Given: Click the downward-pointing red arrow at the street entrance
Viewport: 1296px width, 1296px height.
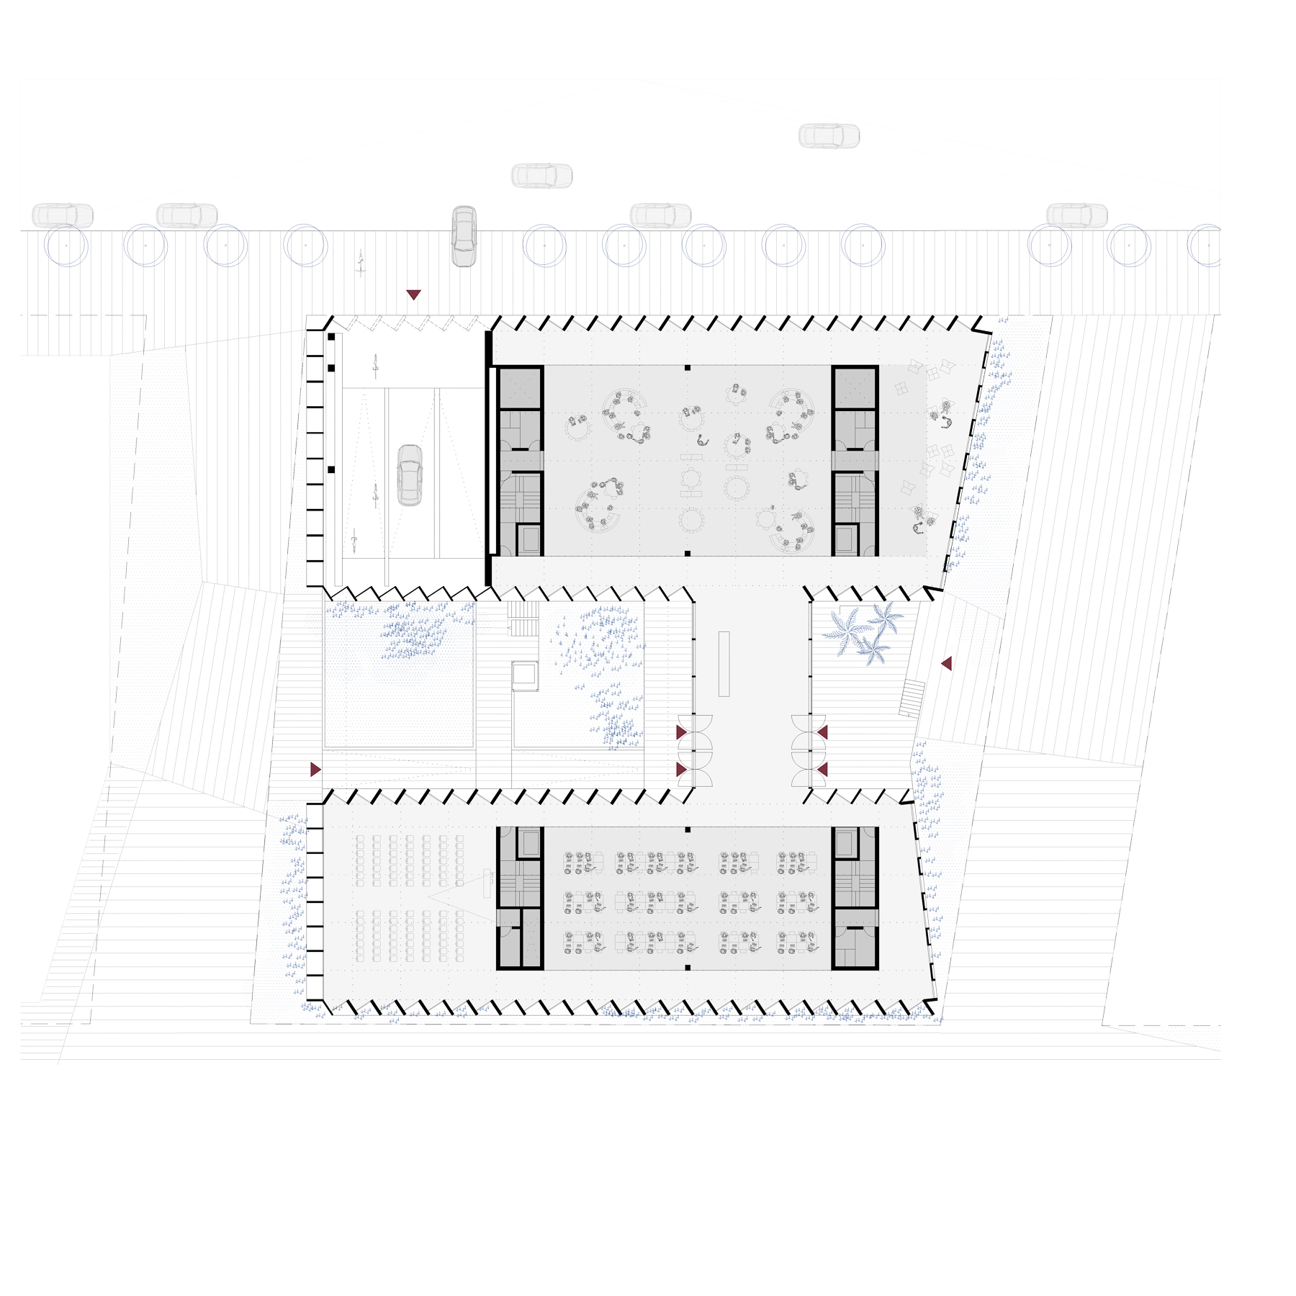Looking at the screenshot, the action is click(x=413, y=294).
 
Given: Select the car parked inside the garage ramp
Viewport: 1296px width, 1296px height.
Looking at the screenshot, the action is click(x=410, y=475).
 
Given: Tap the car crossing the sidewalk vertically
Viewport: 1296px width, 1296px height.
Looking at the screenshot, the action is click(x=464, y=236).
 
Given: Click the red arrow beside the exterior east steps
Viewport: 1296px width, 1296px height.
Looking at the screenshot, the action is click(x=947, y=663).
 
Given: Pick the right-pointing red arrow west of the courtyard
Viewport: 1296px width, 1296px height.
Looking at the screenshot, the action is click(x=315, y=770).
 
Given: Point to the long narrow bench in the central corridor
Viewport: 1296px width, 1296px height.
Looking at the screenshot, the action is click(x=724, y=663).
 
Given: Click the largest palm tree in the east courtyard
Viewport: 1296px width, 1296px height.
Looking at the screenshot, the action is click(x=847, y=629).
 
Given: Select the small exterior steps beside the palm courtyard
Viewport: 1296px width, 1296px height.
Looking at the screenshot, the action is click(x=912, y=698).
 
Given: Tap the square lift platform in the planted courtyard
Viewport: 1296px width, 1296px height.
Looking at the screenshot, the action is click(x=525, y=675).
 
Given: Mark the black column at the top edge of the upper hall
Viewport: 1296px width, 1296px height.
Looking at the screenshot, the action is click(x=688, y=368).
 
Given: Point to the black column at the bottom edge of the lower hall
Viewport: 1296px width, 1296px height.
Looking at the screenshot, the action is click(x=688, y=968).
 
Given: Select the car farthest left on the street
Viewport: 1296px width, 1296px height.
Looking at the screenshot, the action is click(x=63, y=215).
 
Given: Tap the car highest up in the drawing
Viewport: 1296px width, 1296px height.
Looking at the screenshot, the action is click(x=829, y=135).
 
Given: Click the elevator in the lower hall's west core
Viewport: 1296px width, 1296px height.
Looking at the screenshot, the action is click(x=529, y=843).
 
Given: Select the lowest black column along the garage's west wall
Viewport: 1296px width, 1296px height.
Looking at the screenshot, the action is click(x=331, y=469).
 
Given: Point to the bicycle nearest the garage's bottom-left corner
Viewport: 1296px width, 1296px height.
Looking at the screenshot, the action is click(x=354, y=540).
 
